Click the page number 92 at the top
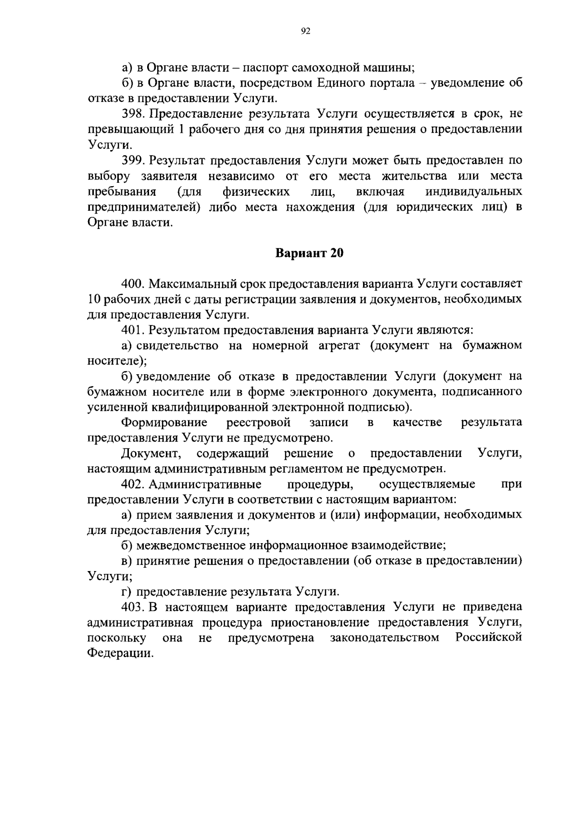point(305,31)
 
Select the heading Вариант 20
point(309,253)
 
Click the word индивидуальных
point(474,191)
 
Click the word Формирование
point(164,422)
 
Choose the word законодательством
point(385,638)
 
